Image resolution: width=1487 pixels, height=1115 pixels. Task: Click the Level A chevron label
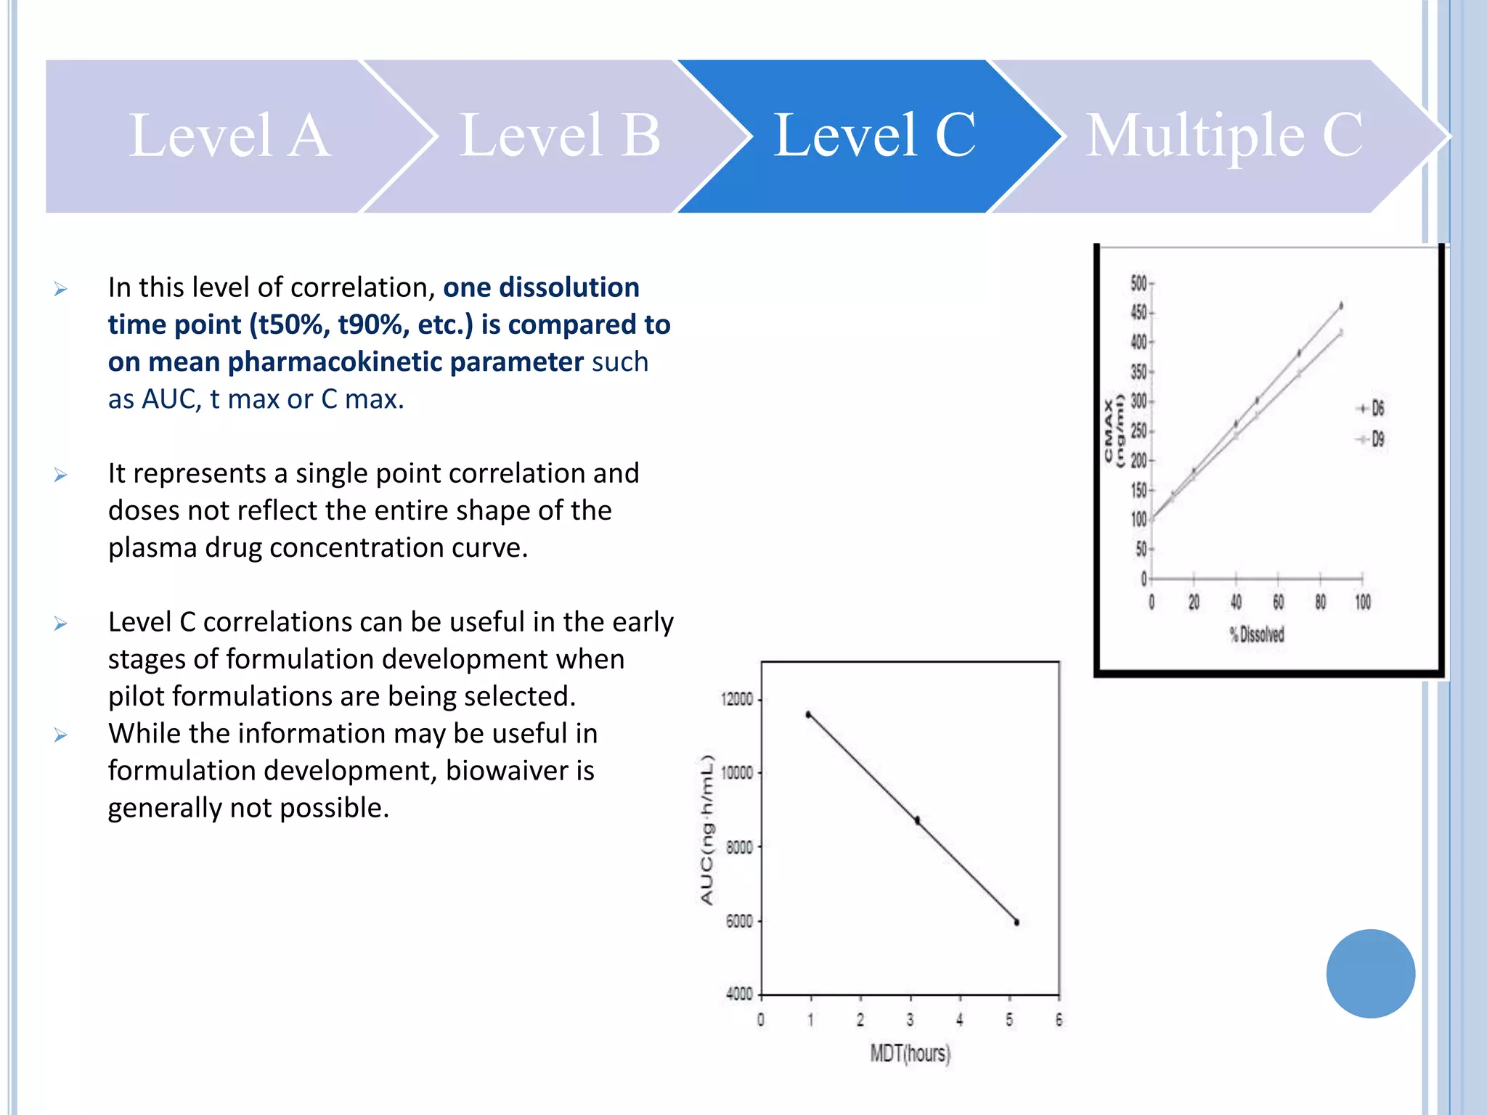(x=229, y=136)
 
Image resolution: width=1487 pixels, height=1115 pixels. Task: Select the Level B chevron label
(x=560, y=136)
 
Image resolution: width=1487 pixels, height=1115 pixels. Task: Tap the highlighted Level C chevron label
(x=874, y=136)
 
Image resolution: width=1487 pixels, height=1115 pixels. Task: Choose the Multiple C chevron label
(x=1224, y=136)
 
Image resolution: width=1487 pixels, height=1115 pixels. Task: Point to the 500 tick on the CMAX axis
(x=1138, y=283)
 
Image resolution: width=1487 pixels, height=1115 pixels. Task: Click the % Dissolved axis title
(x=1257, y=634)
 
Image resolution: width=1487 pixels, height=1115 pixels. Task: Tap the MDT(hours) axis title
(x=910, y=1053)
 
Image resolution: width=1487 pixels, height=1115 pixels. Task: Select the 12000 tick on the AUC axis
(x=736, y=699)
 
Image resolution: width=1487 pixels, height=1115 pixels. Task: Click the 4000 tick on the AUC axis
(x=739, y=994)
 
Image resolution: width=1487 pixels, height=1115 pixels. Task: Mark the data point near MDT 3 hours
(x=917, y=820)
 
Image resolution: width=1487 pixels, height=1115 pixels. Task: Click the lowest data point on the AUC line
(x=1017, y=923)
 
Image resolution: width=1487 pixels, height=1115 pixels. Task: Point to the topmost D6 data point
(x=1341, y=306)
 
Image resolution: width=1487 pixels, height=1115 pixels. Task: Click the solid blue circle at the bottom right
(x=1370, y=973)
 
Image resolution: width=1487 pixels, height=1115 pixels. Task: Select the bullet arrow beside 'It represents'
(x=60, y=475)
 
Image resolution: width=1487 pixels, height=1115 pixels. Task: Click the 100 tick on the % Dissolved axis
(x=1363, y=602)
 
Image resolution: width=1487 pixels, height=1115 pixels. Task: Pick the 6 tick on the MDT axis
(x=1059, y=1020)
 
